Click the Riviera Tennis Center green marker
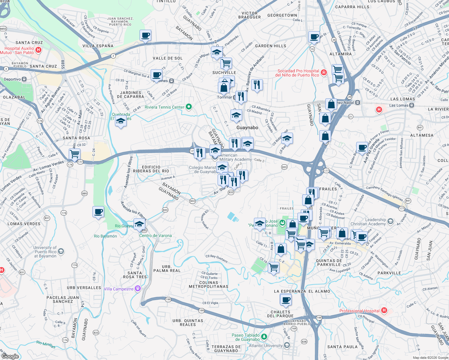[189, 107]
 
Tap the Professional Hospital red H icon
[384, 311]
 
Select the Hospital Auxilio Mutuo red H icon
[38, 50]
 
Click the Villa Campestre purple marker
[138, 289]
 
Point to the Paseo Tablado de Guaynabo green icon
[264, 337]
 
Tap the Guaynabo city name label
[247, 127]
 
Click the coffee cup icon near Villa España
[146, 35]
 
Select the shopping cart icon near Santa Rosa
[74, 154]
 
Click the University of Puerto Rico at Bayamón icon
[61, 251]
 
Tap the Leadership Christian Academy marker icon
[390, 221]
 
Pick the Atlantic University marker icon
[287, 346]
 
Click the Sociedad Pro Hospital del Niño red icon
[324, 72]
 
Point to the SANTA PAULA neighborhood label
[342, 346]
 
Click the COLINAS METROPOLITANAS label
[209, 284]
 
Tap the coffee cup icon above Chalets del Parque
[286, 299]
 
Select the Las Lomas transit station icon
[412, 105]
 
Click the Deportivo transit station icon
[24, 79]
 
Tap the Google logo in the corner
[10, 356]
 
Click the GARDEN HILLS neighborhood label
[270, 46]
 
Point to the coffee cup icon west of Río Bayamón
[98, 212]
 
